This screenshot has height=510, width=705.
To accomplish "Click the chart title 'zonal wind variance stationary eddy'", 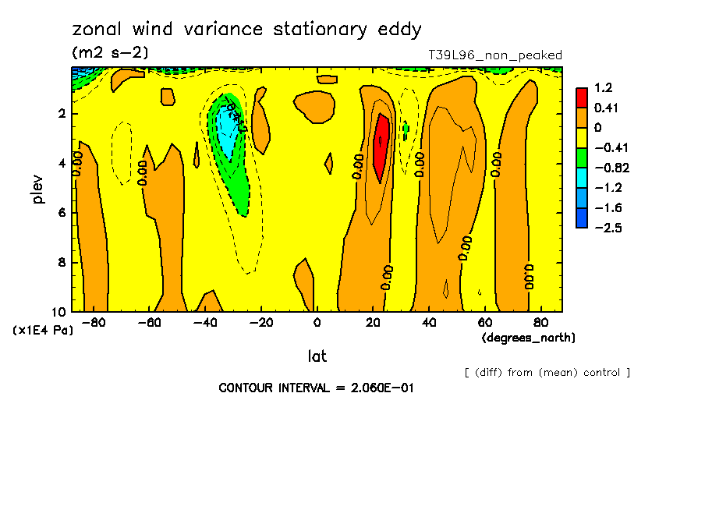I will coord(246,30).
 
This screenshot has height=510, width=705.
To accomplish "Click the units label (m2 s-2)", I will coord(110,53).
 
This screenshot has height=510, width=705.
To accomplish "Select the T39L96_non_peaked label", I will coord(495,55).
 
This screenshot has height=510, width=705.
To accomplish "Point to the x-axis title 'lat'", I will coord(317,356).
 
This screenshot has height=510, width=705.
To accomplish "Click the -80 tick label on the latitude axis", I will coord(93,323).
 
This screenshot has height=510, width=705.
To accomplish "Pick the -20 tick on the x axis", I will coord(260,323).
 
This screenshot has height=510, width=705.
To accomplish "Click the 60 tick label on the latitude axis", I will coord(484,323).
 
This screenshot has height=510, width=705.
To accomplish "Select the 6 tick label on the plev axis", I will coord(61,213).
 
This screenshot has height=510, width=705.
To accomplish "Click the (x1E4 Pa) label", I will coord(43,331).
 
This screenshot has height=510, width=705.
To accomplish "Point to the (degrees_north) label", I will coord(529,338).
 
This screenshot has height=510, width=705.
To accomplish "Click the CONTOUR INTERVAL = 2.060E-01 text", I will coord(316,388).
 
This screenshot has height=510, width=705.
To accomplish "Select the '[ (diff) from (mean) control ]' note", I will coord(547,373).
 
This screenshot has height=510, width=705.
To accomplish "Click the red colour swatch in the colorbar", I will coord(582,97).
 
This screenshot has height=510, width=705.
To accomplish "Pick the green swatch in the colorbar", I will coord(582,158).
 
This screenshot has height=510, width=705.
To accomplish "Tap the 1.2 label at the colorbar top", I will coord(602,87).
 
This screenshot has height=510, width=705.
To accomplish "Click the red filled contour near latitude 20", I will coord(380,148).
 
